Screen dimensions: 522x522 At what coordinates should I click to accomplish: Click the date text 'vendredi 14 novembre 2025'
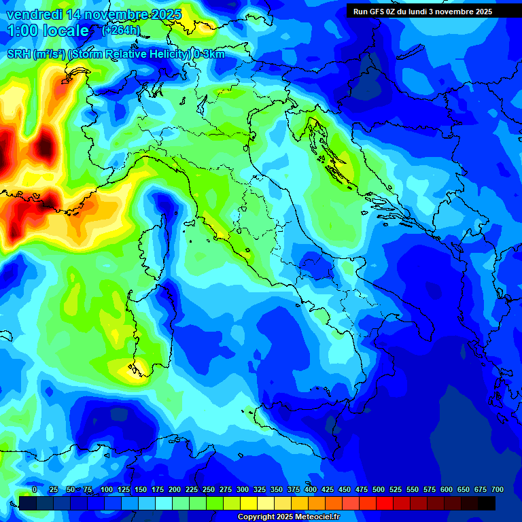[x=94, y=14]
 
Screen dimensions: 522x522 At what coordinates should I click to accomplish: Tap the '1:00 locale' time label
[x=48, y=31]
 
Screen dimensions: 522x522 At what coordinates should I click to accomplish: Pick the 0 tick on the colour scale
[x=35, y=489]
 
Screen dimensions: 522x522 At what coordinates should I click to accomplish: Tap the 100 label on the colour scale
[x=107, y=489]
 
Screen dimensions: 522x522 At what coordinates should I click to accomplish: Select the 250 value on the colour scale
[x=209, y=489]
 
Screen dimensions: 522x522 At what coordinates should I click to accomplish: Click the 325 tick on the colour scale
[x=260, y=489]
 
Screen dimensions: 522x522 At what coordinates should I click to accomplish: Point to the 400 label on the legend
[x=311, y=489]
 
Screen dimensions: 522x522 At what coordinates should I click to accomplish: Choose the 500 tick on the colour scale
[x=379, y=489]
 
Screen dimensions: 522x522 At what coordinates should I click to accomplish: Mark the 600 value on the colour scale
[x=447, y=489]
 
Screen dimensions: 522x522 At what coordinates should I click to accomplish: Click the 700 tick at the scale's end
[x=497, y=489]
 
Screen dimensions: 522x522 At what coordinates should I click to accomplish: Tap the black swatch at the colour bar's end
[x=487, y=504]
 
